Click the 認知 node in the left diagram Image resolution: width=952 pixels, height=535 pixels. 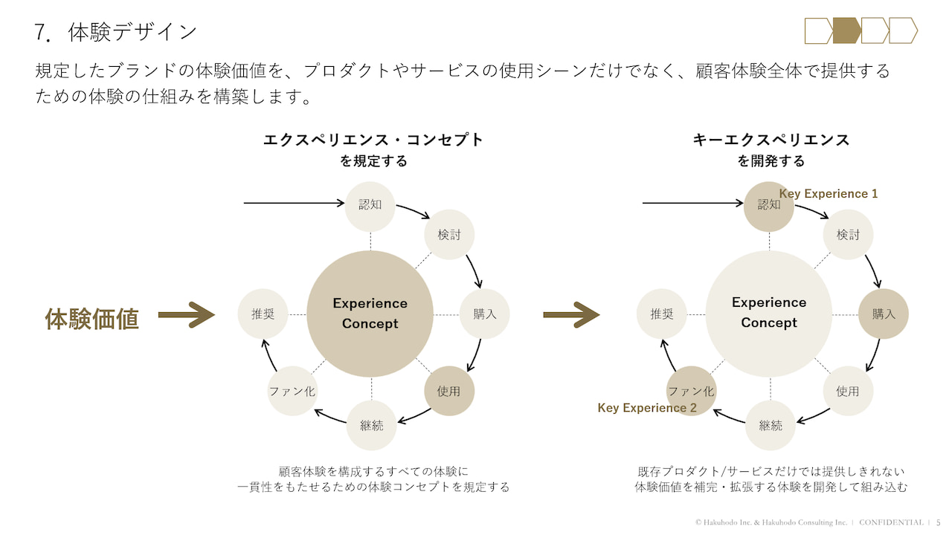coord(370,204)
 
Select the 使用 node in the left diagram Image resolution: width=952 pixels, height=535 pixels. coord(449,391)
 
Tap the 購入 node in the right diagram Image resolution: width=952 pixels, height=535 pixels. coord(884,314)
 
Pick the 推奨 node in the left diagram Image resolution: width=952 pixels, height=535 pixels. coord(263,314)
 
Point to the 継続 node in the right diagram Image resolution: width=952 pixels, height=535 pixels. coord(771,425)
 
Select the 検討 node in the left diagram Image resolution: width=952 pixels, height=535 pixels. coord(449,235)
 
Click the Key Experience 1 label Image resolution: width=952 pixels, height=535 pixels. coord(829,194)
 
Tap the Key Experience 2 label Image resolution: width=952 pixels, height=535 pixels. coord(647,408)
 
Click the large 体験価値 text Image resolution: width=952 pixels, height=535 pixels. coord(92,318)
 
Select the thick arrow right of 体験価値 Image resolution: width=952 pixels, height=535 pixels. coord(186,315)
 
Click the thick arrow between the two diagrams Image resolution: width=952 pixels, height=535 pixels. coord(571,314)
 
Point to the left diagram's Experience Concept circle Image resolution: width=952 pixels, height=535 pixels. coord(370,314)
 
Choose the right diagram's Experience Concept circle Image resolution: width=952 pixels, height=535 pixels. coord(769,313)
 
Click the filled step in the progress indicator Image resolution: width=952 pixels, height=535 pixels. coord(846,30)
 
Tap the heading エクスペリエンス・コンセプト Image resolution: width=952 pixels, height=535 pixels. coord(373,139)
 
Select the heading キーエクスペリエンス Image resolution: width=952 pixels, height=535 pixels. coord(771,139)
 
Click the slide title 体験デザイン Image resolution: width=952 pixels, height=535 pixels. coord(132,32)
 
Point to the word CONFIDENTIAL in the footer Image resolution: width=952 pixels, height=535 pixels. coord(891,522)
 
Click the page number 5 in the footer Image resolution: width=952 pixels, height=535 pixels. coord(938,522)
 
